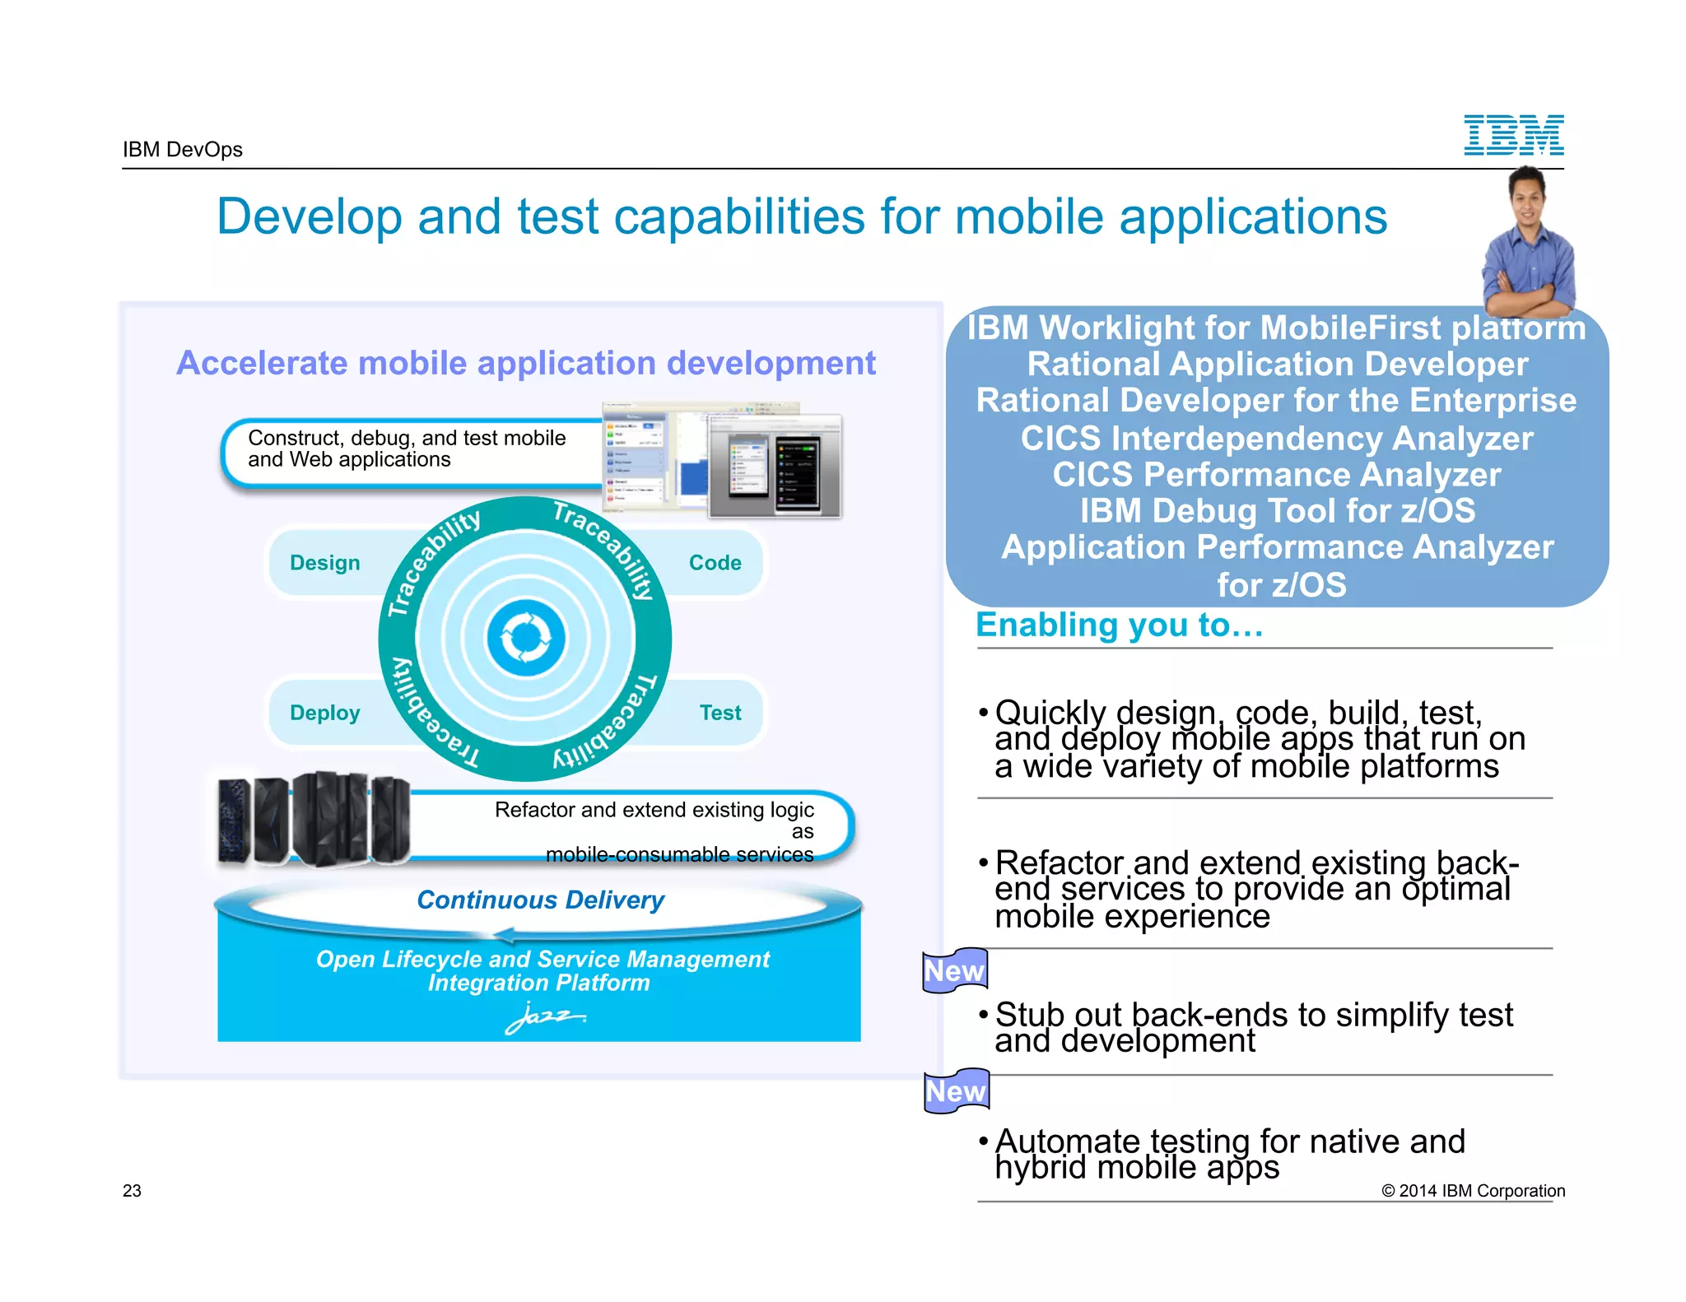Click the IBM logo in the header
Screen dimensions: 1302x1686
coord(1513,135)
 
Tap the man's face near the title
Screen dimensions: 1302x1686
coord(1527,196)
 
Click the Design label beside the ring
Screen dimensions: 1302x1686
coord(325,563)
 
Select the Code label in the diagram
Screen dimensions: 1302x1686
coord(715,563)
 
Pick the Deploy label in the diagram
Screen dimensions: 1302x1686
coord(325,713)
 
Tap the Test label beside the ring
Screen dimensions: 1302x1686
coord(720,713)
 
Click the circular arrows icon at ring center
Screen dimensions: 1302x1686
coord(526,639)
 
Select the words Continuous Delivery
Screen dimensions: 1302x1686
coord(540,900)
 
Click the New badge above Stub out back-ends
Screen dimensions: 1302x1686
coord(955,971)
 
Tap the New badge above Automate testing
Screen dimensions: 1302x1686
coord(956,1091)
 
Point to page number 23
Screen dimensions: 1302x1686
coord(132,1191)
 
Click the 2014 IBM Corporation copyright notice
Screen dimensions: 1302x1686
coord(1473,1191)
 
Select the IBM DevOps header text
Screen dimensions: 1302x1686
coord(183,150)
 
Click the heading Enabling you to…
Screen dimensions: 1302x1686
coord(1119,625)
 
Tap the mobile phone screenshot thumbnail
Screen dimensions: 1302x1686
coord(774,467)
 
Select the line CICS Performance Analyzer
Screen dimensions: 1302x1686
coord(1277,475)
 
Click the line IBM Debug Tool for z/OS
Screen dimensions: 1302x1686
coord(1277,511)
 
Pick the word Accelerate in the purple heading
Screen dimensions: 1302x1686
coord(262,364)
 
